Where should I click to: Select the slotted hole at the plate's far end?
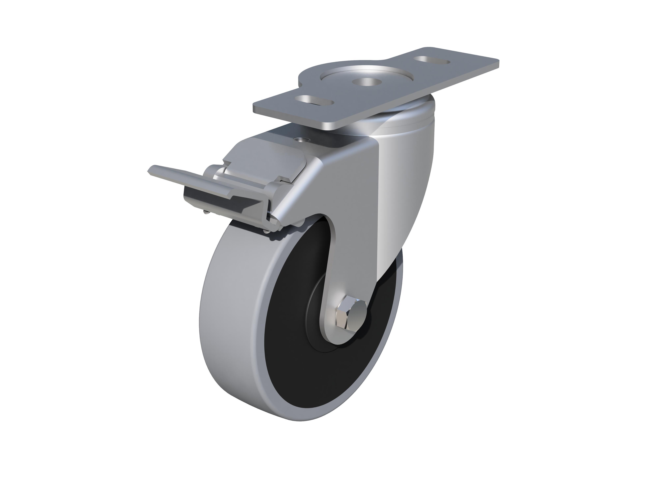[433, 60]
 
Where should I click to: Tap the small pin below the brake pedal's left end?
[206, 212]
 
